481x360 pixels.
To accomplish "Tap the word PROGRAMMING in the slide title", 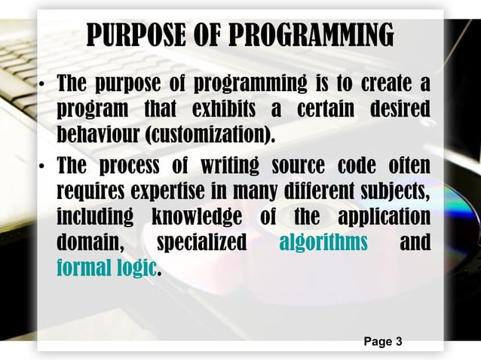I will tap(311, 35).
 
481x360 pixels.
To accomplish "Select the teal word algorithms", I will tap(323, 243).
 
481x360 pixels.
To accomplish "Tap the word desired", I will tap(400, 108).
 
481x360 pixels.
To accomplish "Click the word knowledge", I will tap(197, 218).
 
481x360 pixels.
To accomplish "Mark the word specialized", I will tap(201, 243).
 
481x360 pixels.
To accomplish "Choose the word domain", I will tap(85, 243).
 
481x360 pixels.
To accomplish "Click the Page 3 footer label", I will tap(382, 342).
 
